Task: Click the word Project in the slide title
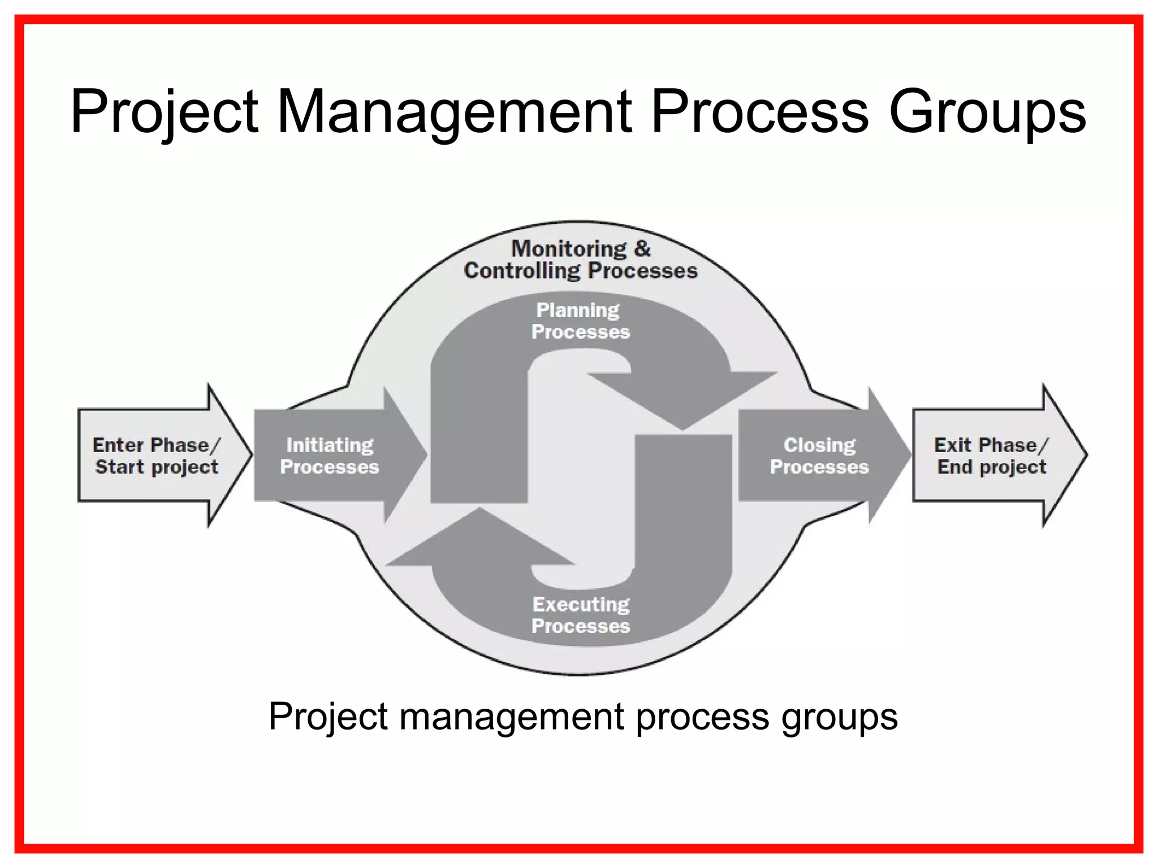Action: coord(164,111)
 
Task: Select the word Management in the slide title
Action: coord(454,111)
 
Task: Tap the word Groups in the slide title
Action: coord(987,111)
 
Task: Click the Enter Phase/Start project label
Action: coord(156,455)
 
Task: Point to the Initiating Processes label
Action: coord(330,455)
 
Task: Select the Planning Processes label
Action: coord(580,320)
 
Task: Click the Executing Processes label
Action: coord(581,615)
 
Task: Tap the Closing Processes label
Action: coord(819,455)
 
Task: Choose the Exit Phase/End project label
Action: coord(991,455)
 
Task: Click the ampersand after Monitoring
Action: coord(642,249)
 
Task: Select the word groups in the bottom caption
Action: coord(839,717)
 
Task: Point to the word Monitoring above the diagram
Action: coord(569,249)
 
